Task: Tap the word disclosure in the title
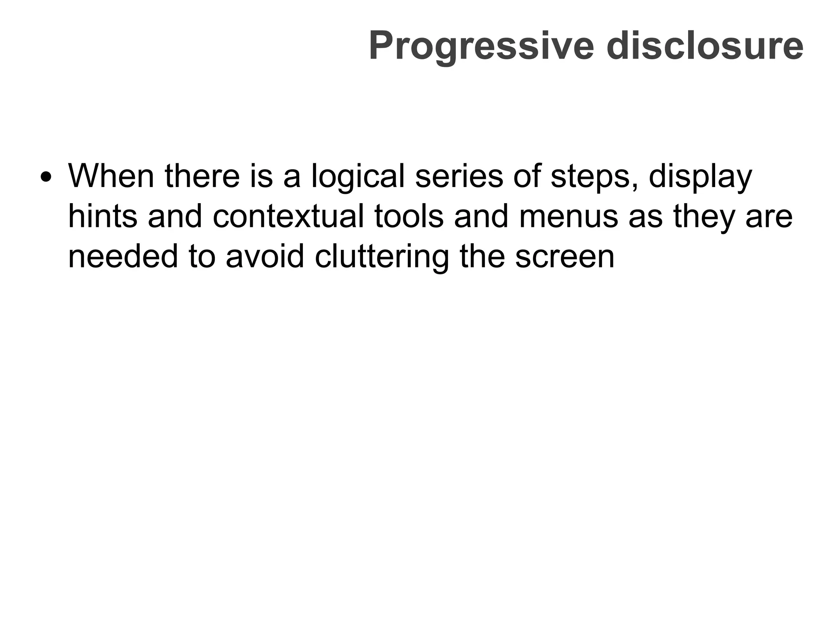click(x=705, y=46)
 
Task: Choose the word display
click(x=700, y=177)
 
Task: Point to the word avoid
click(x=264, y=256)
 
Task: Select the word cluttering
click(x=382, y=256)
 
